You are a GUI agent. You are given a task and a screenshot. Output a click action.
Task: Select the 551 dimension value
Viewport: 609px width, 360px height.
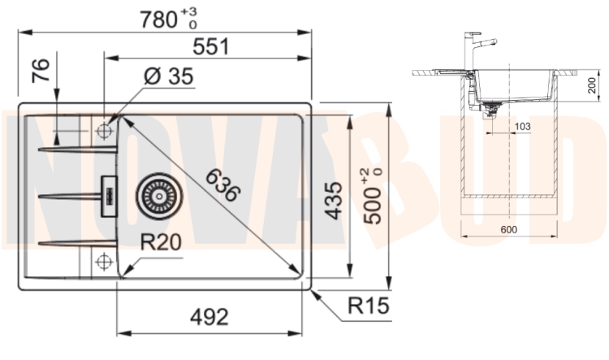point(211,46)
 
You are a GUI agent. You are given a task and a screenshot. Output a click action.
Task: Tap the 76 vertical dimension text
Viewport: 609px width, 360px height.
point(41,71)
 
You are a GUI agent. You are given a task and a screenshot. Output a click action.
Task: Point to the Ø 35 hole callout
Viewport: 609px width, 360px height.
point(169,76)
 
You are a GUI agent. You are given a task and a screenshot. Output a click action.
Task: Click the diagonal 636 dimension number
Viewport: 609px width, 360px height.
point(222,185)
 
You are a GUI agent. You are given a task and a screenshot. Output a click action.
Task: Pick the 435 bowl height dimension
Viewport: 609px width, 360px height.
point(333,201)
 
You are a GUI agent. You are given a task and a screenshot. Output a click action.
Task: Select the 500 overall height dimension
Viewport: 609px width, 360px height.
point(373,197)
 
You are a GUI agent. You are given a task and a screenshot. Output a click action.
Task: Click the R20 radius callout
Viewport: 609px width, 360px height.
point(161,242)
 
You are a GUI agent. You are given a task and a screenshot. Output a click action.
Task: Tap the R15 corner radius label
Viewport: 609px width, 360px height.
point(368,306)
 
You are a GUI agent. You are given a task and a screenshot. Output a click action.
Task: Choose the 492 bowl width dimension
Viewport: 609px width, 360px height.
point(209,317)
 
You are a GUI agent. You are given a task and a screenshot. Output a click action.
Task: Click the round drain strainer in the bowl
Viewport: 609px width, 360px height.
point(159,197)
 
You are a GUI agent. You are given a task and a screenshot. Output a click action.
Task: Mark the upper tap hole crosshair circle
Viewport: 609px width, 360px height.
point(104,131)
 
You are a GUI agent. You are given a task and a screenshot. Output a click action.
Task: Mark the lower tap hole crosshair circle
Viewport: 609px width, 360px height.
point(104,261)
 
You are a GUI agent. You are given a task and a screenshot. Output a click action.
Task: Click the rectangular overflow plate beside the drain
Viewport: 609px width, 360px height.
point(109,197)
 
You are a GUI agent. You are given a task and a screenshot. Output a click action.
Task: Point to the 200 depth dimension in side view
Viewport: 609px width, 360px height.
point(591,85)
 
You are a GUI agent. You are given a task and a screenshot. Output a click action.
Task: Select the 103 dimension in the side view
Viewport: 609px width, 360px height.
point(522,126)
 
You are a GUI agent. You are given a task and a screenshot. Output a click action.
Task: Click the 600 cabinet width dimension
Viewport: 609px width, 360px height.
point(509,230)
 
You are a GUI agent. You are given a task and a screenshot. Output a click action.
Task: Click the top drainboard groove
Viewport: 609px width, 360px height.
point(77,149)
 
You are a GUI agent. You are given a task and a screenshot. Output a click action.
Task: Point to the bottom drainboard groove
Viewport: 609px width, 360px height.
point(77,243)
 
